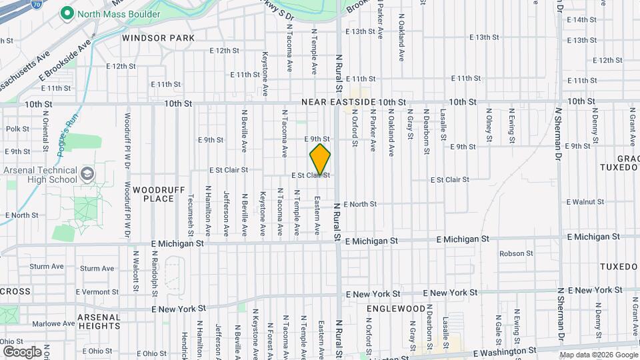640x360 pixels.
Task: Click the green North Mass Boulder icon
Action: pos(67,13)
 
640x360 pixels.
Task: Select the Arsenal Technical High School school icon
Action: pos(86,175)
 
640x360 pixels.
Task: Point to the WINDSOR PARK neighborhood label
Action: pos(158,38)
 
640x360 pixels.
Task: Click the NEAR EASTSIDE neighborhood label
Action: pos(338,102)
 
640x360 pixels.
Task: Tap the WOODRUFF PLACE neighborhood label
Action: pos(154,194)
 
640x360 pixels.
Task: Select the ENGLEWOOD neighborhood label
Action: pos(395,309)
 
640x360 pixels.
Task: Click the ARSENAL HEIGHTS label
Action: pos(99,321)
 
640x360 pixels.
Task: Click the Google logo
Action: pos(22,351)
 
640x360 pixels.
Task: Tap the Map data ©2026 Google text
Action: pos(599,354)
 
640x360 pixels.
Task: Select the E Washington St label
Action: pos(504,351)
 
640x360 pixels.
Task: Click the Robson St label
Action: pos(517,253)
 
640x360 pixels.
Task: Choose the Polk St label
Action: pos(17,129)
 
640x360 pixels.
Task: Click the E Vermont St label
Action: pos(98,292)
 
